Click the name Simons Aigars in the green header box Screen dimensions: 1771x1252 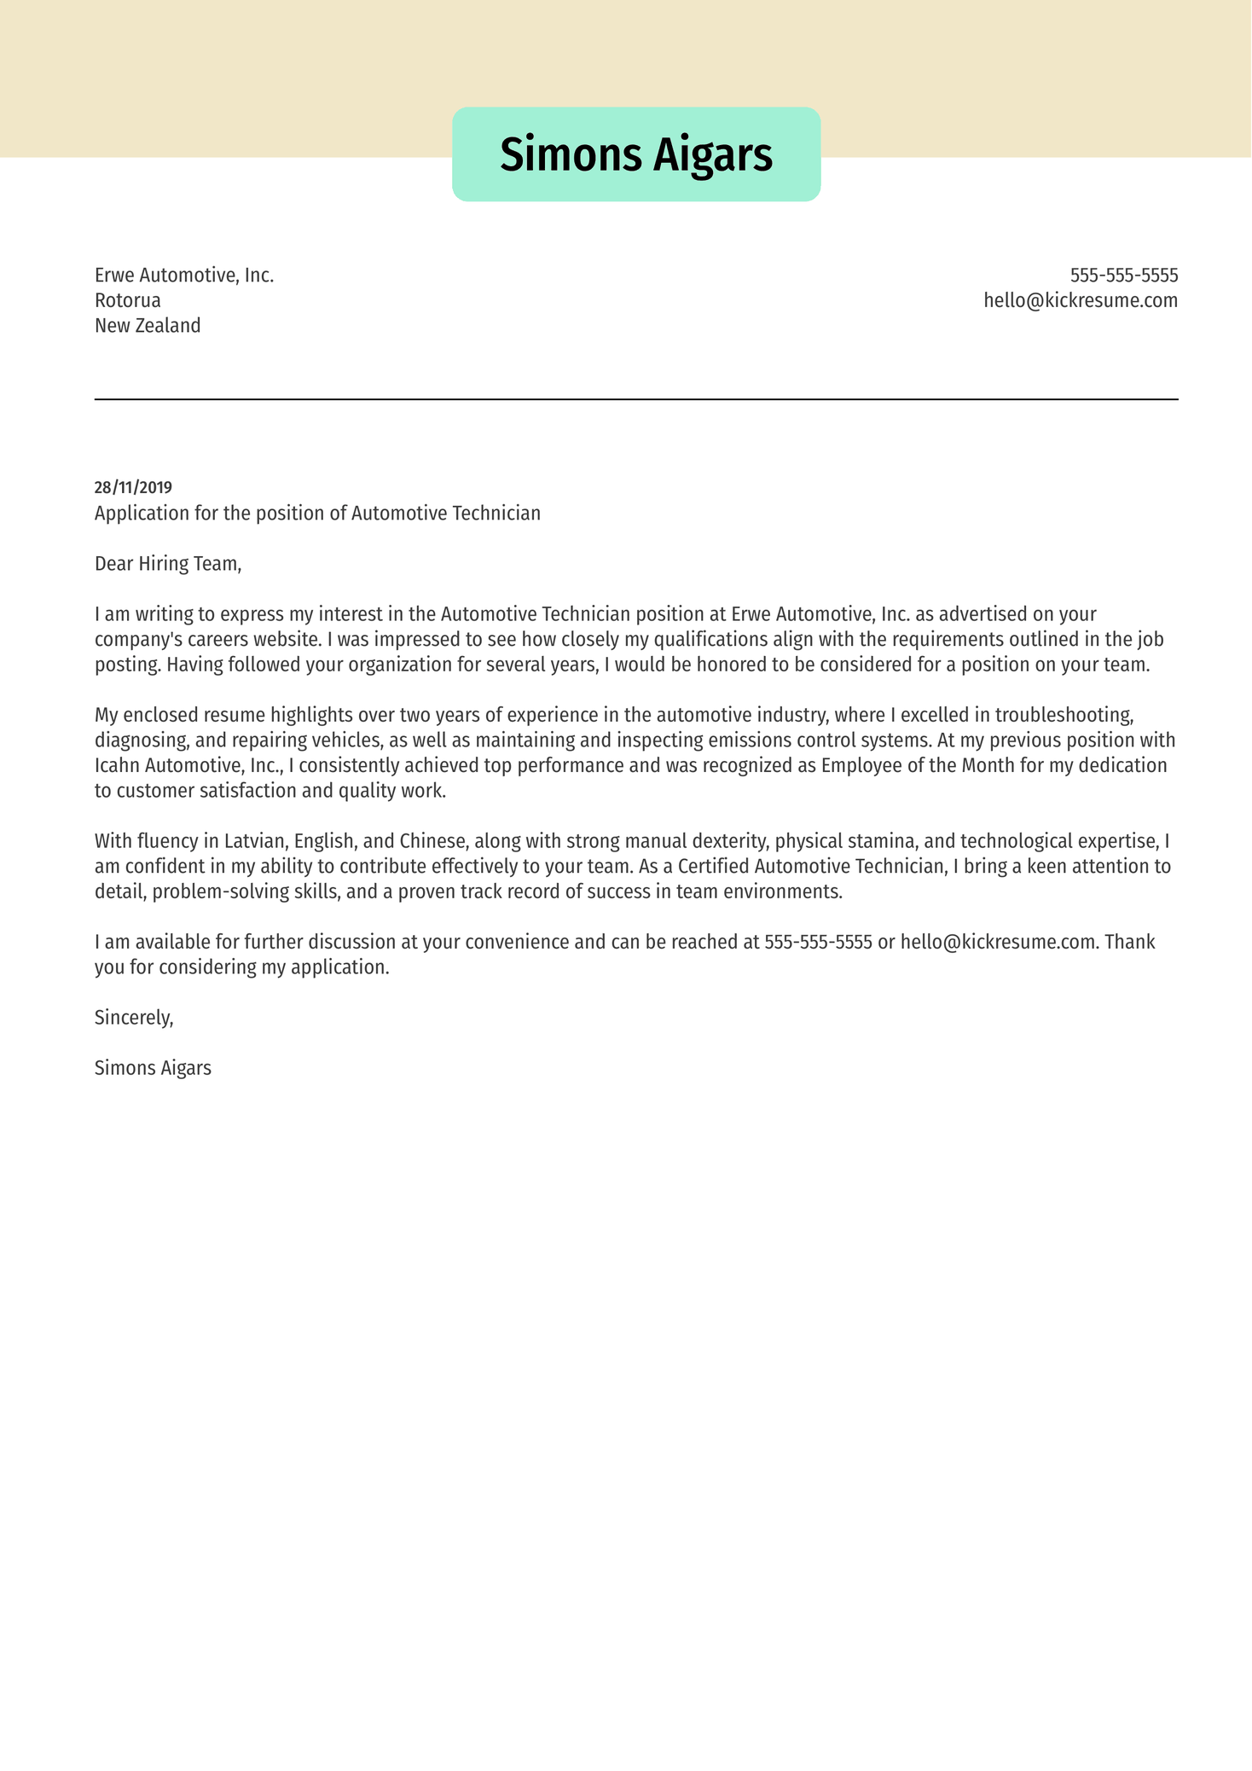635,155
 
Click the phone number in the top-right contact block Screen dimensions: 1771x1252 1123,276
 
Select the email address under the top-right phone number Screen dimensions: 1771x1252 1080,300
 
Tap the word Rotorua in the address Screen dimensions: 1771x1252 127,300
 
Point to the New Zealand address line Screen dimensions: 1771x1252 148,326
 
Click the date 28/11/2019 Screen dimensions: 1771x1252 133,488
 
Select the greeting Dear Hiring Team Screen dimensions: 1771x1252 168,564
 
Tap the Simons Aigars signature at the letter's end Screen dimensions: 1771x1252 153,1068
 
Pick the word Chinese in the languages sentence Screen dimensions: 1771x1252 432,842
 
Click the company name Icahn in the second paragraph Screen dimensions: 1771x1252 117,766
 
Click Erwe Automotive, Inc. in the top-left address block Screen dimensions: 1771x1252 184,276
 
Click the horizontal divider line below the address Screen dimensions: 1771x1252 635,399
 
